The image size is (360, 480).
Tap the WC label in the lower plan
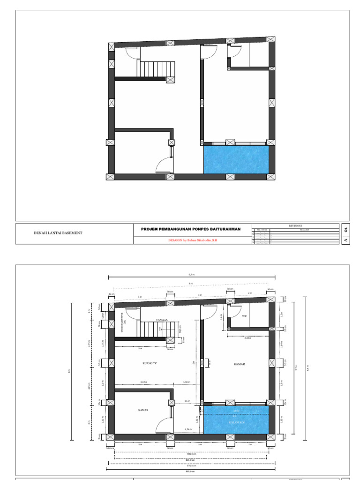click(244, 316)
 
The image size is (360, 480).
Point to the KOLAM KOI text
click(236, 422)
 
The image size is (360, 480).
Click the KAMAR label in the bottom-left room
click(143, 410)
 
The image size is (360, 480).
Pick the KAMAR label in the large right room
click(240, 363)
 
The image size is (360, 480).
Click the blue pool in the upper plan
click(236, 160)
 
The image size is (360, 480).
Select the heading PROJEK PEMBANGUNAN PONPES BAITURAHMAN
click(191, 229)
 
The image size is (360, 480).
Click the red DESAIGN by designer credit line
click(193, 240)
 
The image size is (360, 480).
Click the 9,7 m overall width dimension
click(192, 275)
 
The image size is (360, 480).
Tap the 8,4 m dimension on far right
click(308, 368)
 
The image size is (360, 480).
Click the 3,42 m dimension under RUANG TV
click(143, 382)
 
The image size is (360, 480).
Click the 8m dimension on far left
click(69, 371)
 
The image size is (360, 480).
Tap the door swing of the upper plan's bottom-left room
click(164, 165)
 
